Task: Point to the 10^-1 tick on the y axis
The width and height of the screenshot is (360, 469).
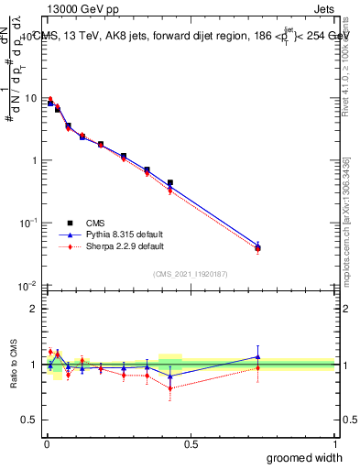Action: tap(29, 223)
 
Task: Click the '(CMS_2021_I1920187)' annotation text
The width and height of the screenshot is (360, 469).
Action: tap(190, 273)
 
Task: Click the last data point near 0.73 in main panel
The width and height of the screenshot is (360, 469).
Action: tap(257, 247)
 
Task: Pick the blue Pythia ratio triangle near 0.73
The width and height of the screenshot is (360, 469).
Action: tap(257, 356)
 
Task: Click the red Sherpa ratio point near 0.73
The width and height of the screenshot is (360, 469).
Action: tap(257, 368)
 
